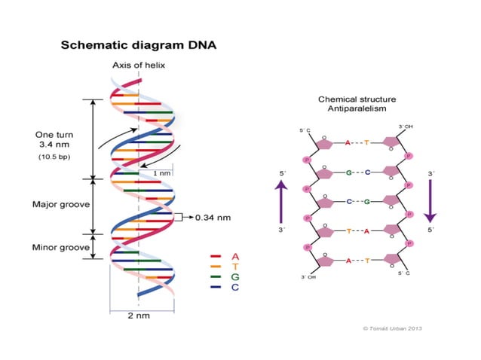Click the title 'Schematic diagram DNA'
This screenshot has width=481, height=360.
point(138,45)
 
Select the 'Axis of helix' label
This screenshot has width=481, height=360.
point(139,66)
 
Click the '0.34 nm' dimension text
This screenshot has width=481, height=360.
point(213,218)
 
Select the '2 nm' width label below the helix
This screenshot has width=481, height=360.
point(139,315)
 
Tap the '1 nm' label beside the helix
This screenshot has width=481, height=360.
point(161,173)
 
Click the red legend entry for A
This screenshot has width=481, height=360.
point(225,256)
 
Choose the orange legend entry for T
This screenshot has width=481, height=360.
point(225,267)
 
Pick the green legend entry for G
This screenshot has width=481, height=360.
point(225,277)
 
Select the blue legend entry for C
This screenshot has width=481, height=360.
point(225,288)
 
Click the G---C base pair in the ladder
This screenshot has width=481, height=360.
point(358,172)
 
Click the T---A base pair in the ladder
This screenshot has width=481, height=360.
point(358,231)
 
